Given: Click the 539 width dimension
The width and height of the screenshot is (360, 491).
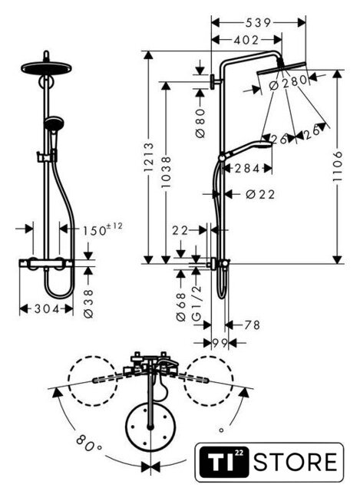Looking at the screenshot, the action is tap(258, 22).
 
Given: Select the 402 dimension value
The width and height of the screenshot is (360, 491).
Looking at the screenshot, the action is tap(246, 40).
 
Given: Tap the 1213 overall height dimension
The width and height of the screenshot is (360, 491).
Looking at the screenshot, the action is tap(148, 157).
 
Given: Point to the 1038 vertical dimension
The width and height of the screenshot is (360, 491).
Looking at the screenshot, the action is tap(167, 172).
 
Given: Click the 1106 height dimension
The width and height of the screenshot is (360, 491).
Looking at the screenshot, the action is tap(338, 166).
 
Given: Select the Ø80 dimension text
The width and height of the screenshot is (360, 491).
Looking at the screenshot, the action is tap(200, 123).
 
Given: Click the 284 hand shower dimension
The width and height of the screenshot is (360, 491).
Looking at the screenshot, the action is tap(247, 169).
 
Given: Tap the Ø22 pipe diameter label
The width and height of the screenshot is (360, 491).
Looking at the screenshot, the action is tap(260, 194).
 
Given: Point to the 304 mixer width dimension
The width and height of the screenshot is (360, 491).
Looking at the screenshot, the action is tap(47, 309).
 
